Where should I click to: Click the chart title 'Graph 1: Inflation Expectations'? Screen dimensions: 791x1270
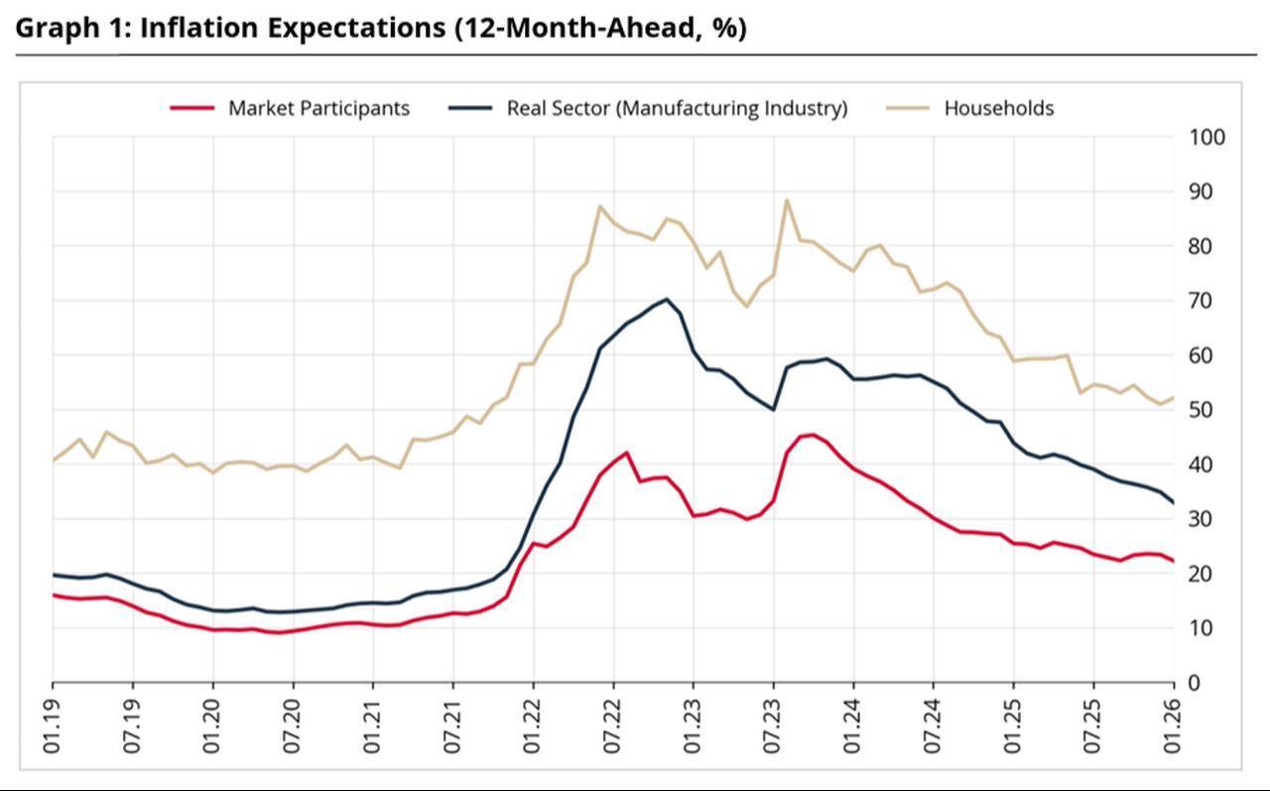380,28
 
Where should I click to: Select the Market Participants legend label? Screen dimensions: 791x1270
318,108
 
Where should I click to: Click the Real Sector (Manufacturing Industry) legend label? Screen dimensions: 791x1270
677,108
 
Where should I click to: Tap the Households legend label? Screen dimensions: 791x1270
998,108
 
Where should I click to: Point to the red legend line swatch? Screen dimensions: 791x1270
191,108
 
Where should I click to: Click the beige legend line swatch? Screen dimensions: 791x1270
907,108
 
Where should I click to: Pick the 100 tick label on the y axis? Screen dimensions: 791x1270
1206,137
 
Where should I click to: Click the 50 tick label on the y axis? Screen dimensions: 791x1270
1201,410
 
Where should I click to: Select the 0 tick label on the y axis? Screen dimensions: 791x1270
1195,683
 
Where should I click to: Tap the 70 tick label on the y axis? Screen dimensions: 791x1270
1201,301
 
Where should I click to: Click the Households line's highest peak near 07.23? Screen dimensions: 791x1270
787,199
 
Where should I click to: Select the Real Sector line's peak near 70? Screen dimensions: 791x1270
666,299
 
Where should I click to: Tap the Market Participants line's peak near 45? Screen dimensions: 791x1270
814,434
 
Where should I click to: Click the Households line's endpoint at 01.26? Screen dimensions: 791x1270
1174,398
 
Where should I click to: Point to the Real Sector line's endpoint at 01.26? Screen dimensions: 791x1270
1174,502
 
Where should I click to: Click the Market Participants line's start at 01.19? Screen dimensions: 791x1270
53,594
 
